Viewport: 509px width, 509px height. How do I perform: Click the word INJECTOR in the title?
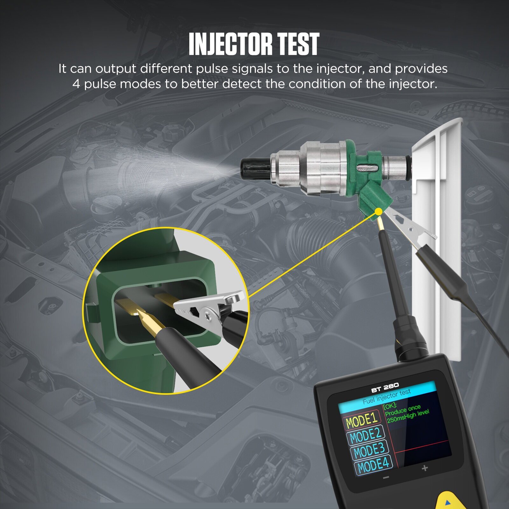click(230, 44)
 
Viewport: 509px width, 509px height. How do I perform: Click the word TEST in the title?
click(297, 44)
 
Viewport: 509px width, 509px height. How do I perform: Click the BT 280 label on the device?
click(385, 388)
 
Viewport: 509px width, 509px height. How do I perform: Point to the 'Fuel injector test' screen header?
click(387, 397)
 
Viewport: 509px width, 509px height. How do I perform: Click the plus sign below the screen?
click(425, 468)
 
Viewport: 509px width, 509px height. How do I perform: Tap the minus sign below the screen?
click(386, 478)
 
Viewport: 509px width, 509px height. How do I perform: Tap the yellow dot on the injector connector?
click(379, 212)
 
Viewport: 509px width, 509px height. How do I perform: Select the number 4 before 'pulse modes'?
click(76, 84)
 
